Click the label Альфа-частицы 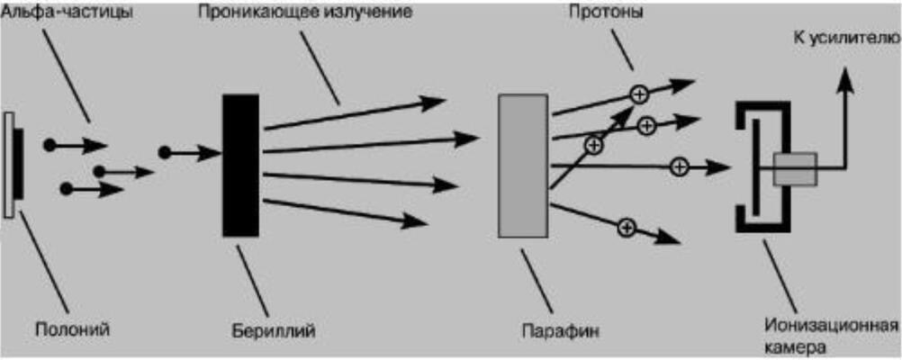68,16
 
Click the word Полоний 72,329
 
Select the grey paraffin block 522,166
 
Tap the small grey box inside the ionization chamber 794,168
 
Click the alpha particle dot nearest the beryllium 164,153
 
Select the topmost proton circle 638,92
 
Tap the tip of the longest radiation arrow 477,138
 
